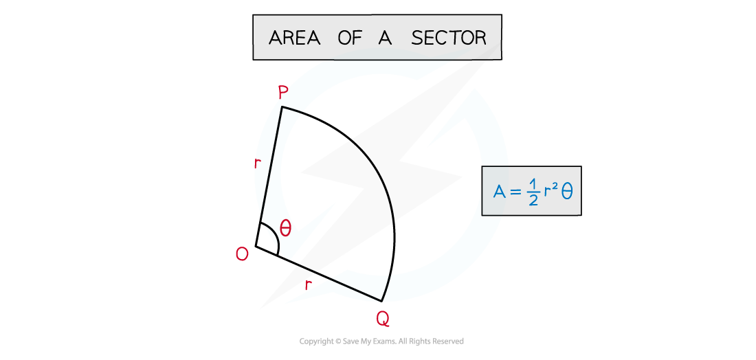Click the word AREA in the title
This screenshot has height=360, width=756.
(x=294, y=37)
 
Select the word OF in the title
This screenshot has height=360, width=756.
(x=350, y=37)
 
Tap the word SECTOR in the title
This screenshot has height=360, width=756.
(x=449, y=37)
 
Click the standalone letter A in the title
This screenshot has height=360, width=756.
(x=385, y=37)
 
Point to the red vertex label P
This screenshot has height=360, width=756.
(x=283, y=93)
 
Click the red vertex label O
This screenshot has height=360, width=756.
(x=242, y=254)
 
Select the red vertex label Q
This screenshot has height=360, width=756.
(x=382, y=318)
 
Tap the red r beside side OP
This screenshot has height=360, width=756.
(x=257, y=164)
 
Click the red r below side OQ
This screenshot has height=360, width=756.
(x=308, y=285)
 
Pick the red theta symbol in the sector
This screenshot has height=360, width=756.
(x=285, y=228)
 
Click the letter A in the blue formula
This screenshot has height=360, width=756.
(x=499, y=192)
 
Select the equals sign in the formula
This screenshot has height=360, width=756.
(x=516, y=192)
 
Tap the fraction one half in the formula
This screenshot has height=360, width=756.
(x=533, y=192)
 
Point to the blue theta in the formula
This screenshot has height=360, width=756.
(x=567, y=192)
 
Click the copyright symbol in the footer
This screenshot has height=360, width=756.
(x=337, y=341)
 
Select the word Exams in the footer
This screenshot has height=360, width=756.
(x=387, y=341)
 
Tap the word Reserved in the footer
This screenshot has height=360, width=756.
(x=448, y=341)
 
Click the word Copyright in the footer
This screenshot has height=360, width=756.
(x=316, y=341)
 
